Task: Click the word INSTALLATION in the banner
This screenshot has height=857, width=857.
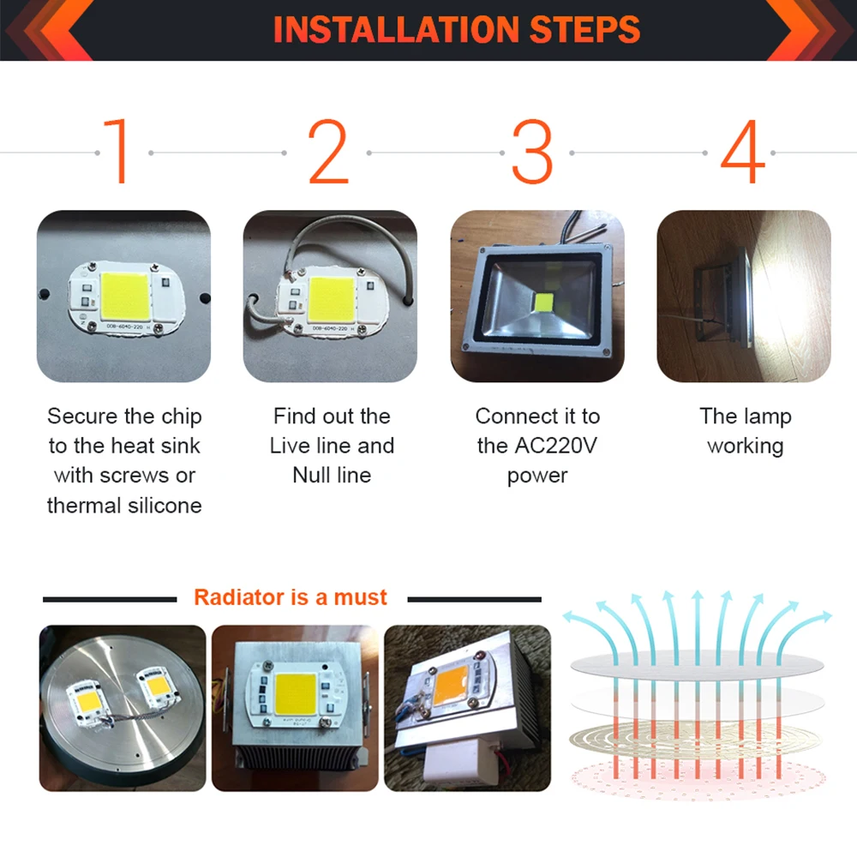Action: click(x=396, y=29)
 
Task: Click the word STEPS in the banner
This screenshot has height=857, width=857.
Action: click(x=584, y=29)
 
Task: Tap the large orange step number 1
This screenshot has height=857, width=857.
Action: click(x=117, y=151)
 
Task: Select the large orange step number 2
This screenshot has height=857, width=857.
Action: click(x=328, y=151)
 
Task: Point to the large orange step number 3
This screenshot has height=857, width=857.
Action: click(x=532, y=151)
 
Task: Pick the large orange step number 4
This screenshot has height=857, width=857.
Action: click(x=743, y=151)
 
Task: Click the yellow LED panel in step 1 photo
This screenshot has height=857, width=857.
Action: click(x=124, y=296)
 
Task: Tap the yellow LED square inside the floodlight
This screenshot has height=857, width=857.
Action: click(x=544, y=303)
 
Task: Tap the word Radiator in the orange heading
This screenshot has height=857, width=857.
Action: click(x=239, y=597)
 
